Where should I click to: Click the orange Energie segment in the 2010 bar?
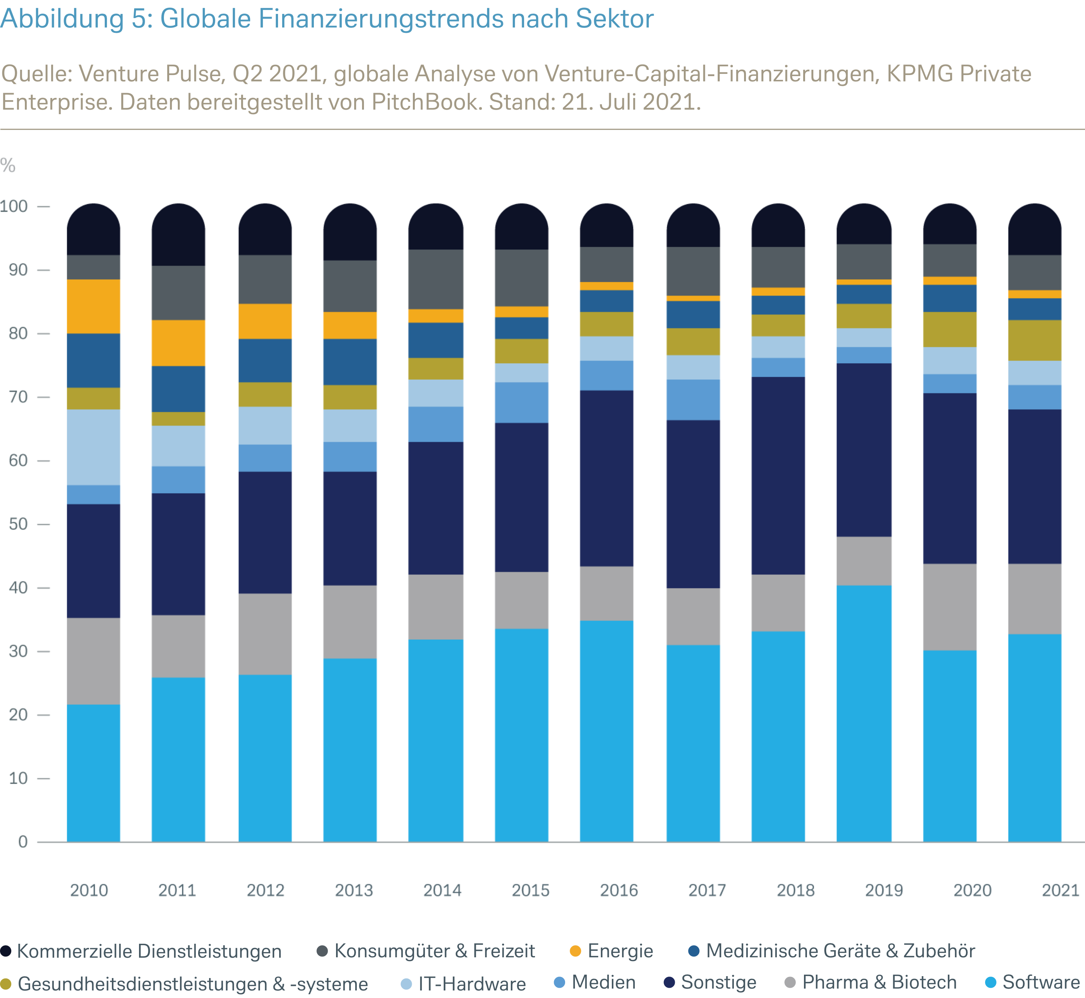tap(93, 306)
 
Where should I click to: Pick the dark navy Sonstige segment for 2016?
tap(607, 478)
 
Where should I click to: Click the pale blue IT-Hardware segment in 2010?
tap(93, 447)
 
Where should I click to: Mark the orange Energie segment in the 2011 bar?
tap(178, 343)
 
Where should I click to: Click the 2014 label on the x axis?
tap(442, 890)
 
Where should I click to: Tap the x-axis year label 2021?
tap(1060, 890)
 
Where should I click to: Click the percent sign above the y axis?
tap(8, 165)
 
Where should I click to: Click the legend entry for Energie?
tap(620, 951)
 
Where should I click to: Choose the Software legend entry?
tap(1040, 982)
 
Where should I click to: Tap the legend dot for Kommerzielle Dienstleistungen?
tap(6, 951)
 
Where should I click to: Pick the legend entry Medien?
tap(603, 982)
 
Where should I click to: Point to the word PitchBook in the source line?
tap(426, 101)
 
